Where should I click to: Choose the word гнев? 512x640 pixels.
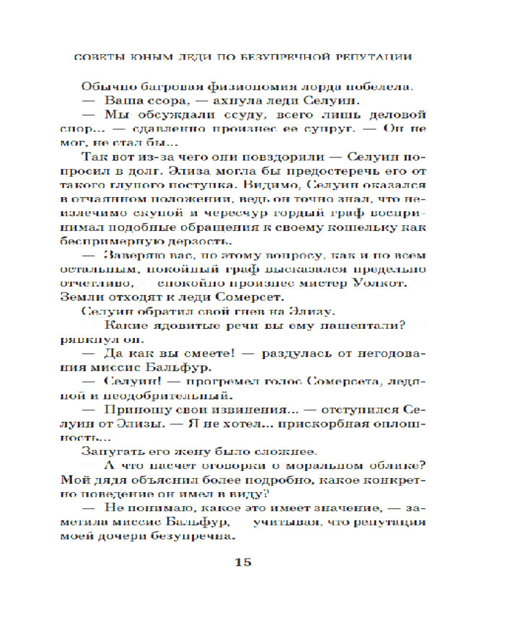[x=253, y=312]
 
